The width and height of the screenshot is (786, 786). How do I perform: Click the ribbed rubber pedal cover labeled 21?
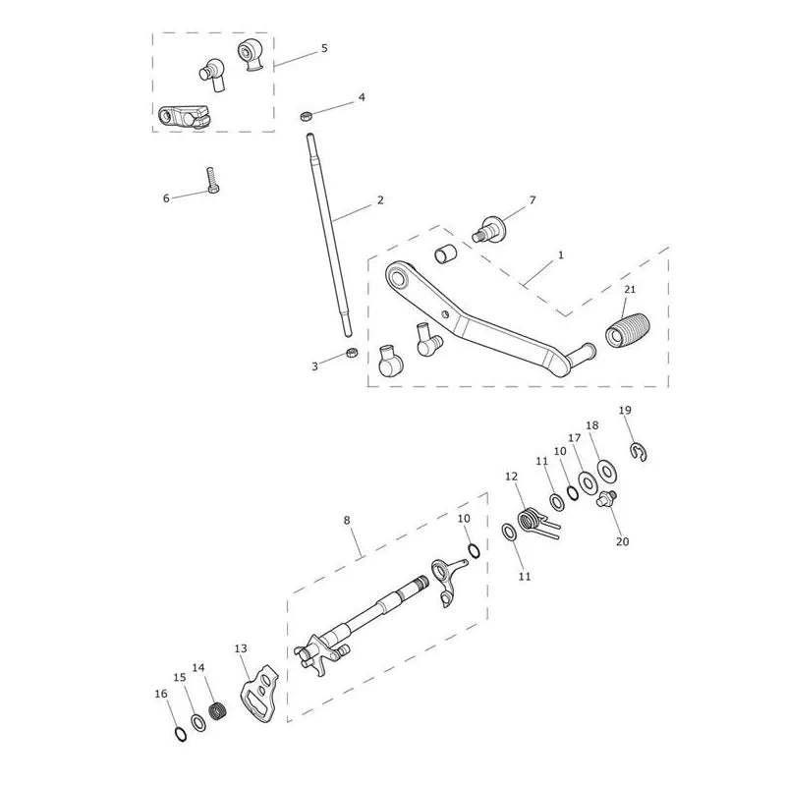pyautogui.click(x=628, y=331)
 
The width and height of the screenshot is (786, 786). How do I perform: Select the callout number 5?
pyautogui.click(x=324, y=48)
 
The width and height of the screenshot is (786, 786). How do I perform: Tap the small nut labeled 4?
pyautogui.click(x=306, y=116)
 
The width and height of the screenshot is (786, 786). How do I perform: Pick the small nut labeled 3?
pyautogui.click(x=352, y=354)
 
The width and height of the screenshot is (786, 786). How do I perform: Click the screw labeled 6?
pyautogui.click(x=212, y=181)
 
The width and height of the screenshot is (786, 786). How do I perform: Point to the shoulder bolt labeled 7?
pyautogui.click(x=489, y=229)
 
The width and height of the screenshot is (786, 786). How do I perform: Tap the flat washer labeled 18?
pyautogui.click(x=607, y=471)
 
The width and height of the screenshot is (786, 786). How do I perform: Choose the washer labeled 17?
pyautogui.click(x=588, y=482)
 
